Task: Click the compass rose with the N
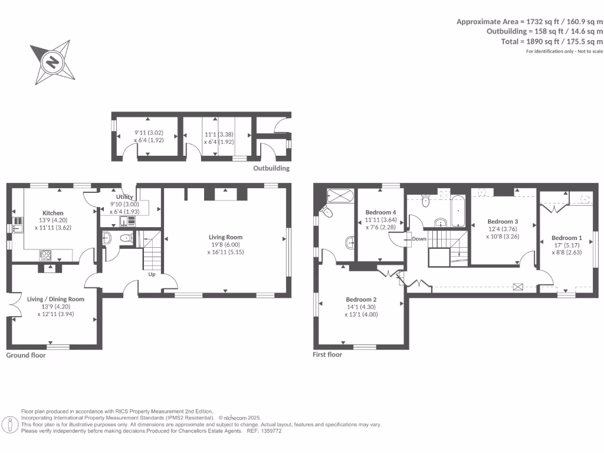coord(53,62)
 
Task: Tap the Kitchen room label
coord(52,213)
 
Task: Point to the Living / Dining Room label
coord(55,299)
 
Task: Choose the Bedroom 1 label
coord(566,238)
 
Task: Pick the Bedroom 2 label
coord(361,299)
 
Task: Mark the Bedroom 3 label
coord(503,221)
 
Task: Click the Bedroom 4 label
coord(380,212)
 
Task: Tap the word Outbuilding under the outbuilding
coord(271,168)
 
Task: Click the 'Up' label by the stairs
coord(152,274)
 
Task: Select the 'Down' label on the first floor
coord(419,239)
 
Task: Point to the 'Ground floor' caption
coord(26,355)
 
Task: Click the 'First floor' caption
coord(327,354)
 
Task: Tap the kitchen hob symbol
coord(45,255)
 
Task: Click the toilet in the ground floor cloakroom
coord(125,238)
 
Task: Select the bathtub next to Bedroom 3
coord(458,211)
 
